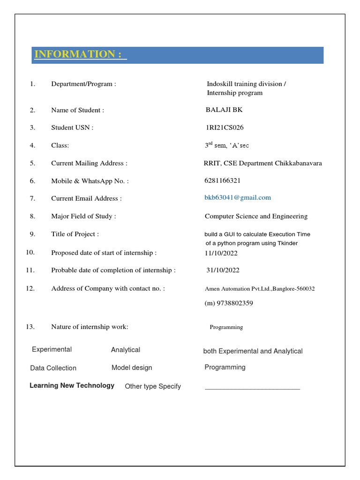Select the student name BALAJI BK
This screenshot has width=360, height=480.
[224, 110]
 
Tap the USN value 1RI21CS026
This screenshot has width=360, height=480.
[224, 127]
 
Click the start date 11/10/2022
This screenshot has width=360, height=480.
[221, 253]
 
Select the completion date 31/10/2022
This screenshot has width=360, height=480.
[223, 270]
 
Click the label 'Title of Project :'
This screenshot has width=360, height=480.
[75, 234]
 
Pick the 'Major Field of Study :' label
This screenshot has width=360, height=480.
[83, 216]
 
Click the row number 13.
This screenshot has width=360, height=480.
[30, 327]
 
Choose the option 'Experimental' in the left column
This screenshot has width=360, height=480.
[52, 350]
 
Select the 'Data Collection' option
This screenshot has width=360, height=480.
[53, 368]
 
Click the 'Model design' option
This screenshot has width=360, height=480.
[132, 367]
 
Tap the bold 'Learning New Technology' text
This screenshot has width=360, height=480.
[72, 385]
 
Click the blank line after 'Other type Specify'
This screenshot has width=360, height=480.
[252, 388]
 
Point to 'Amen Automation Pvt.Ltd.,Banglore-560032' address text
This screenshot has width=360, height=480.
[260, 289]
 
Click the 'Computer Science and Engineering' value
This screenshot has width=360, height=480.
[256, 216]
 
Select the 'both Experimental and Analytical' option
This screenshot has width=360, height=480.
[253, 351]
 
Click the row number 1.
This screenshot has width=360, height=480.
[32, 84]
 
